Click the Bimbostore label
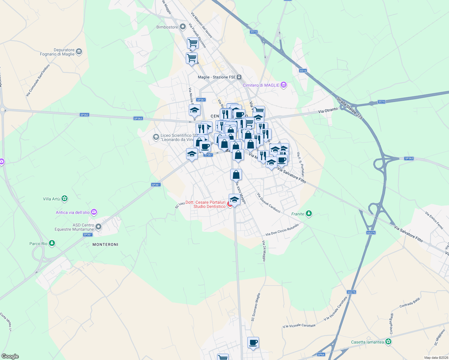coord(167,27)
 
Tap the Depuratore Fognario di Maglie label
coord(57,52)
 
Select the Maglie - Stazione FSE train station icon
coord(239,77)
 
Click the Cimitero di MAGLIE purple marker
coord(283,85)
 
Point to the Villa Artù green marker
coord(65,199)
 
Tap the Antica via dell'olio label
coord(73,212)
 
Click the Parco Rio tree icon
coord(52,243)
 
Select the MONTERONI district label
coord(105,244)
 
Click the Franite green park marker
coord(309,214)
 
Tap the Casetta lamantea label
coord(367,342)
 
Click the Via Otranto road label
coord(328,110)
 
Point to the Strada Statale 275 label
coord(349,108)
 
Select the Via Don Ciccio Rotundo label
coord(282,230)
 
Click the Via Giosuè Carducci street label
coord(269,203)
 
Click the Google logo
coord(10,356)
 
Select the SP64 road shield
coord(321,355)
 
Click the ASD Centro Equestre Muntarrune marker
coord(98,227)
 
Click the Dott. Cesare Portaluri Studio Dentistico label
coord(205,204)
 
